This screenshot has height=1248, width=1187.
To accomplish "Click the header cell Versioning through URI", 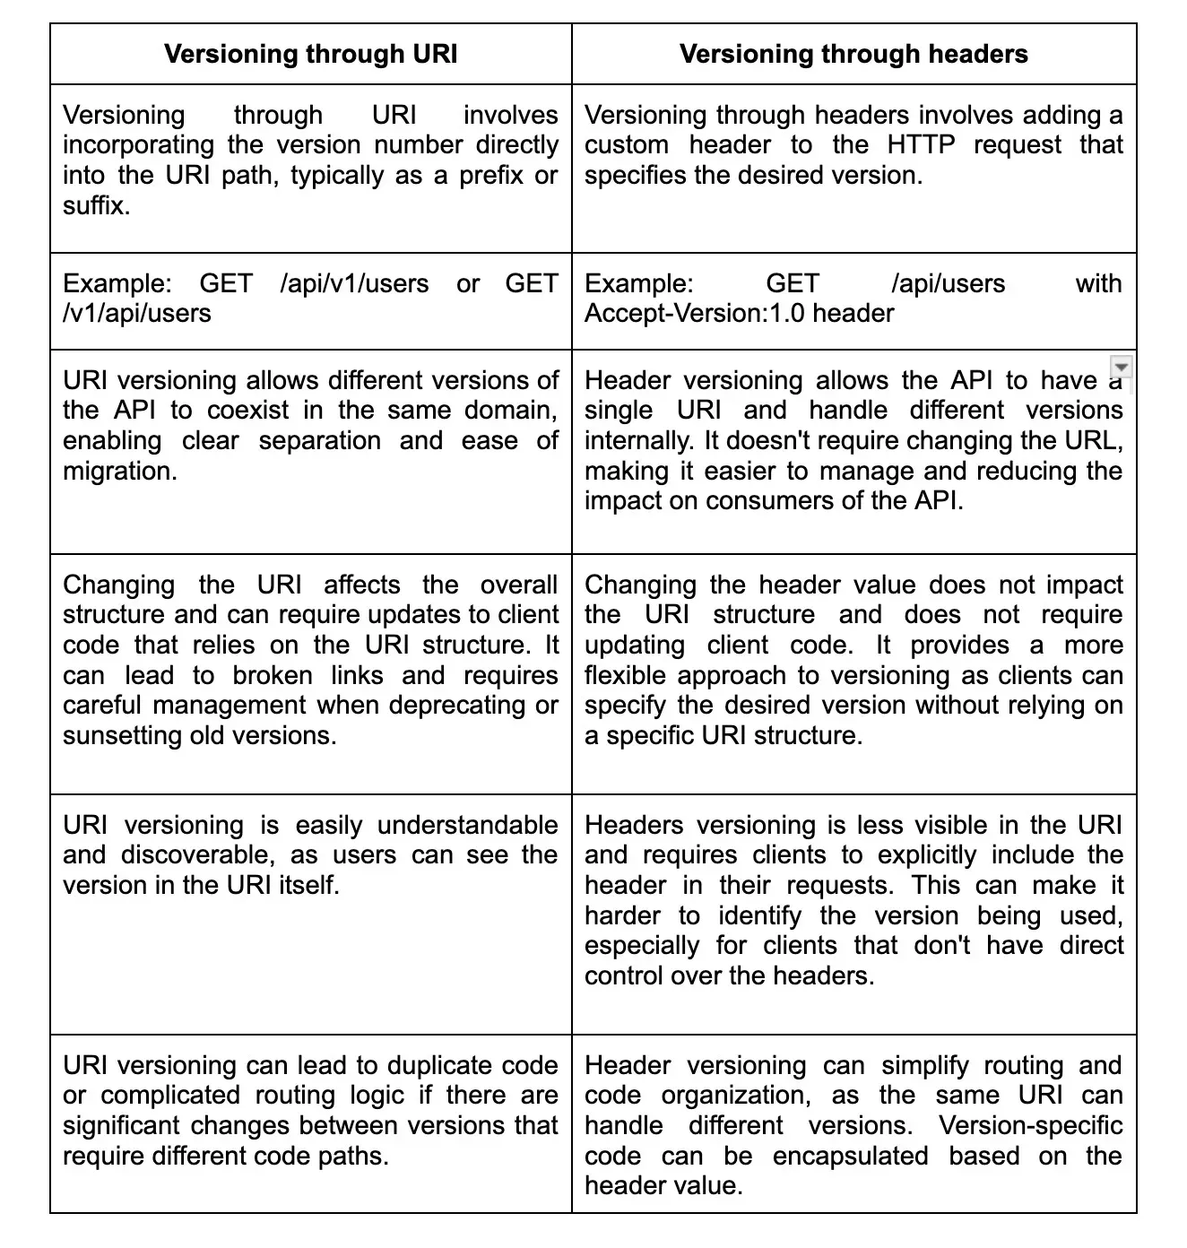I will pos(310,54).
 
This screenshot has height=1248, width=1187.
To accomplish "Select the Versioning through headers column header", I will pos(853,54).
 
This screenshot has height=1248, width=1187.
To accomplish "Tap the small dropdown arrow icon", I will pos(1121,368).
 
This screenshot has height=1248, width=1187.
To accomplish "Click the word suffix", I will pos(95,205).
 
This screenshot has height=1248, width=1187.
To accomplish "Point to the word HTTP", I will pos(921,145).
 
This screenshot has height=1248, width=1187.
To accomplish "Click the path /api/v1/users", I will pos(354,283).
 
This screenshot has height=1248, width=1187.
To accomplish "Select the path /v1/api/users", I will pos(137,314).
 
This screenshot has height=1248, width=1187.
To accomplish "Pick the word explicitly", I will pos(927,855).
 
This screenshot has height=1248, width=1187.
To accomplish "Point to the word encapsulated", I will pos(850,1157).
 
